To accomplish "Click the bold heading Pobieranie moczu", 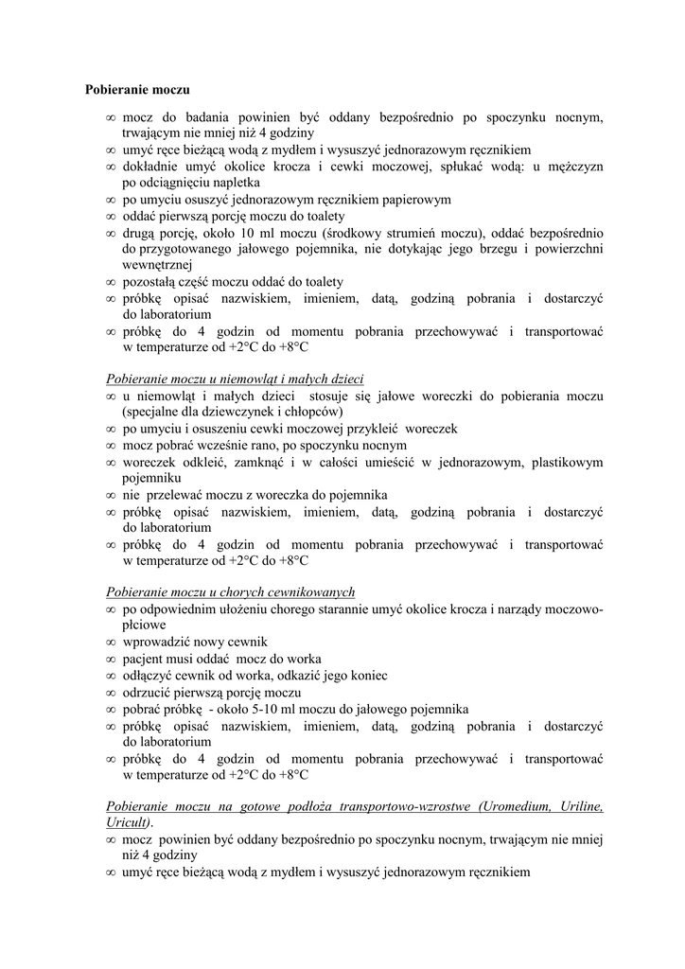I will click(137, 90).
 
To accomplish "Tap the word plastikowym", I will click(567, 462).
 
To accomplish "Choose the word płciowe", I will click(145, 625).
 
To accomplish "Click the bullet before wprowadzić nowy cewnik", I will click(112, 643).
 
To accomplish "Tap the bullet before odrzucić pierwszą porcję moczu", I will click(112, 693).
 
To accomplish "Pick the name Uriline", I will click(580, 807).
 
